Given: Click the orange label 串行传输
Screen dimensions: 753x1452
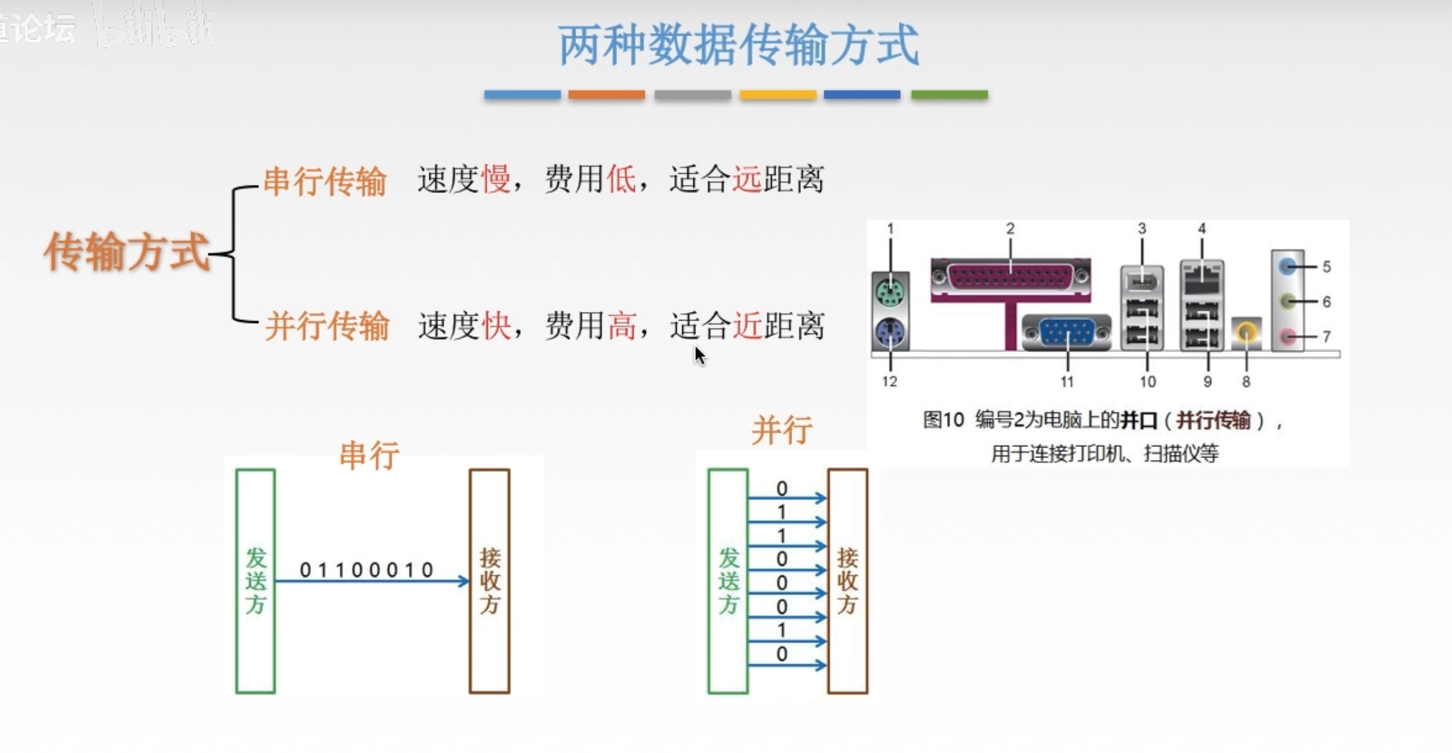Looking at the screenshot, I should point(325,181).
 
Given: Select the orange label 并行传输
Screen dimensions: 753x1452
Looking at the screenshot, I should point(327,326).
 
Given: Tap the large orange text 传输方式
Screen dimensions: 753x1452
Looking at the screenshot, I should point(126,252).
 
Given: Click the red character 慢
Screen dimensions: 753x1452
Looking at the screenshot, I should point(496,179).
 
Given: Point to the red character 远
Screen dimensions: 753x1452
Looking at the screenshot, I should point(747,179).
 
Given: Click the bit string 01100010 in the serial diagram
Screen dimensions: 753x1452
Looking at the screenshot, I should point(367,569).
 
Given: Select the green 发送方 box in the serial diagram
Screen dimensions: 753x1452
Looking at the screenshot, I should point(255,581).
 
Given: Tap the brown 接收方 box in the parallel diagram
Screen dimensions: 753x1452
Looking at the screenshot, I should point(847,581).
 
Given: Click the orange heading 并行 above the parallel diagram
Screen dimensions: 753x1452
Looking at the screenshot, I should point(782,430).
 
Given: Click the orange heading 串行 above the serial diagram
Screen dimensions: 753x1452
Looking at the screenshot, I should point(369,455).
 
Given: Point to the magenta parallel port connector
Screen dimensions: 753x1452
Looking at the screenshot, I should point(1010,277).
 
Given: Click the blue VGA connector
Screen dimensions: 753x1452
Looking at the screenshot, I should point(1067,332).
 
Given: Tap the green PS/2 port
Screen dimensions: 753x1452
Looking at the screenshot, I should point(890,291).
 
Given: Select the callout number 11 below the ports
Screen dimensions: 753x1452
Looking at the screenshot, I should point(1067,382).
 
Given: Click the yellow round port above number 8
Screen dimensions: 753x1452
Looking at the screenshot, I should point(1246,332).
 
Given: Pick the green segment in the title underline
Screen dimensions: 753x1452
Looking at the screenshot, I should point(949,95).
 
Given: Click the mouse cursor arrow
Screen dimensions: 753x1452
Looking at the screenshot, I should point(699,355).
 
